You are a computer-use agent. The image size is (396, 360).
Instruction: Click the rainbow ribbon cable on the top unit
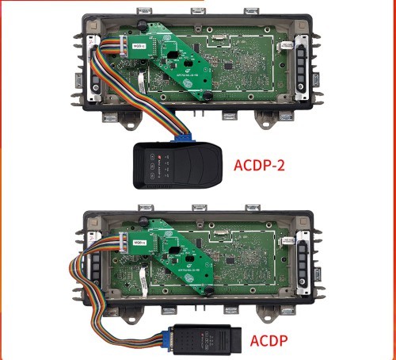[99, 79]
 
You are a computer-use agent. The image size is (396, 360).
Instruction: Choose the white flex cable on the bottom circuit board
[139, 278]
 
